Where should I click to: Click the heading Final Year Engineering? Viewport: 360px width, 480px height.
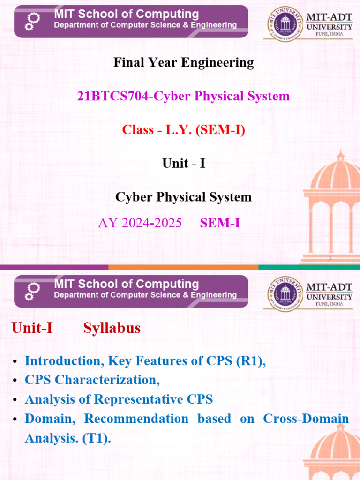(x=184, y=63)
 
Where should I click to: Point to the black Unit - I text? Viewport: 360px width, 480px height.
(x=184, y=163)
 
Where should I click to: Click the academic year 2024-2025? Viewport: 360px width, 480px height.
(x=151, y=223)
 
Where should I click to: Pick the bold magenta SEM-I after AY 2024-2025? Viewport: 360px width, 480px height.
(x=220, y=223)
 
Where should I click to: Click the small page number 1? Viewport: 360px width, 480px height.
(x=330, y=258)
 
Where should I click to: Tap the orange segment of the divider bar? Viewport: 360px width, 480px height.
(x=183, y=267)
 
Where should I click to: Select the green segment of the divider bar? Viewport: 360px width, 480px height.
(x=309, y=267)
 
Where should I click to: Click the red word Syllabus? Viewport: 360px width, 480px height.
(x=112, y=328)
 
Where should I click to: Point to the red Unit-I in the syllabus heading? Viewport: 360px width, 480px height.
(x=32, y=328)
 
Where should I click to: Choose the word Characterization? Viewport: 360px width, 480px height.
(x=107, y=380)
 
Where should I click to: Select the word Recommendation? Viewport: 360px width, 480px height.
(x=136, y=419)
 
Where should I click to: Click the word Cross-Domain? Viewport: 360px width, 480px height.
(x=306, y=419)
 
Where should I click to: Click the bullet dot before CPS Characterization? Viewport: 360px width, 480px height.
(x=15, y=381)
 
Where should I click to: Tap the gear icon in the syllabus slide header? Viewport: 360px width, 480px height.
(x=32, y=291)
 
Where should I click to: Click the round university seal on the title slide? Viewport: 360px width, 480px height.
(x=285, y=24)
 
